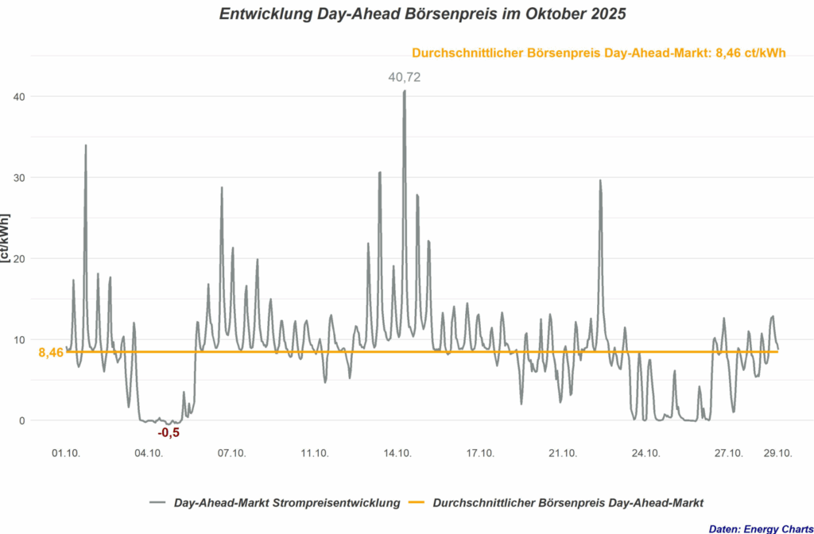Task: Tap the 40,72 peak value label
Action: click(404, 77)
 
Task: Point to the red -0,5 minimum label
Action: click(169, 432)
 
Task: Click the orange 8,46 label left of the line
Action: click(51, 352)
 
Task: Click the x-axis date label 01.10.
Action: click(66, 453)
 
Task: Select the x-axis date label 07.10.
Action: click(231, 453)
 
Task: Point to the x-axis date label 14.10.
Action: click(397, 453)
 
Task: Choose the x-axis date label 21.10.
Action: click(563, 453)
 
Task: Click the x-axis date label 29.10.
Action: click(777, 453)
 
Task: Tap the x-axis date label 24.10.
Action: click(645, 453)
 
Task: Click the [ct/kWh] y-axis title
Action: click(6, 238)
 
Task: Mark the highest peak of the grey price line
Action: click(404, 91)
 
